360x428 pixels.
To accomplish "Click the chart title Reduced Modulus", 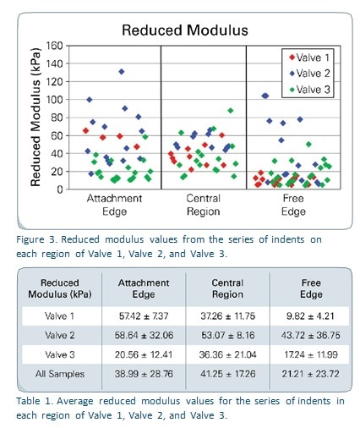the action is click(185, 30).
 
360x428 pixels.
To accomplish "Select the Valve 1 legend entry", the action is click(309, 58).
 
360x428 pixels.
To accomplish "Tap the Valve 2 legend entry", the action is click(309, 74).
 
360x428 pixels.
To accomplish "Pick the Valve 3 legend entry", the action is click(309, 90).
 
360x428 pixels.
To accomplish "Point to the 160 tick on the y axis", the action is click(56, 46).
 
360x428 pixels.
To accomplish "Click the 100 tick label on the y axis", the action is click(56, 100).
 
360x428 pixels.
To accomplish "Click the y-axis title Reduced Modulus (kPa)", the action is click(36, 118).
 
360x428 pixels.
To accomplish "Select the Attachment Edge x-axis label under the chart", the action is click(114, 205).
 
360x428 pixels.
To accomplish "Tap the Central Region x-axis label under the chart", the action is click(203, 205).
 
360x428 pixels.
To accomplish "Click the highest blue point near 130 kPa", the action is click(122, 72).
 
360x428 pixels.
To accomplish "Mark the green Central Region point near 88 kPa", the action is click(231, 111).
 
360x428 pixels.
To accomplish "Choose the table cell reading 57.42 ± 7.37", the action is click(144, 316).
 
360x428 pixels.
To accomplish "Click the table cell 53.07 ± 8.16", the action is click(227, 335).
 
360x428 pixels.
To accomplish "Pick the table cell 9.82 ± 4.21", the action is click(310, 316).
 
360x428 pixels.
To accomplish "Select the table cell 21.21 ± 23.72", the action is click(310, 374).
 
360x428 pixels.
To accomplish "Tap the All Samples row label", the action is click(60, 374).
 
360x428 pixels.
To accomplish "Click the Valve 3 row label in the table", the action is click(60, 354).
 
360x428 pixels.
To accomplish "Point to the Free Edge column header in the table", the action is click(311, 288).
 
